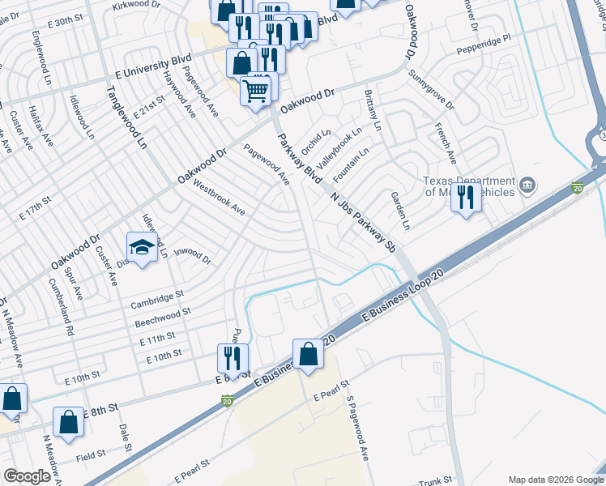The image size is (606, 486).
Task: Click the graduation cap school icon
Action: click(142, 246)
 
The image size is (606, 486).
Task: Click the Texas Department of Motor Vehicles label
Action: click(469, 187)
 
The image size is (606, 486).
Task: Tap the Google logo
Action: click(28, 476)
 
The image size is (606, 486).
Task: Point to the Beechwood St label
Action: click(163, 316)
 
